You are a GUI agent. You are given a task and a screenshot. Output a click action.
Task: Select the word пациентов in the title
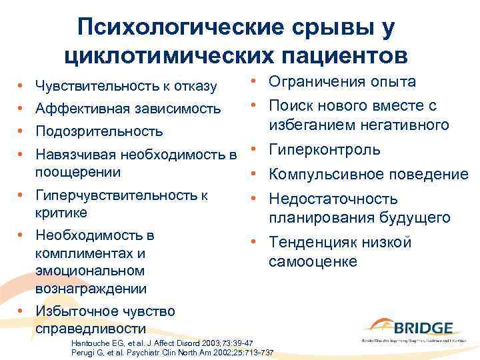[x=337, y=56]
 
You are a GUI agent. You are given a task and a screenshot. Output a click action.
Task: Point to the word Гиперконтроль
[x=324, y=150]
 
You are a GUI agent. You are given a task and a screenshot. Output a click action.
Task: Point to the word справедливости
[x=89, y=329]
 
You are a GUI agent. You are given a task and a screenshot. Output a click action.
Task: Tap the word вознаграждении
[x=91, y=289]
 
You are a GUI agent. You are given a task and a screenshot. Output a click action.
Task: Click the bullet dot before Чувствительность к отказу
[x=21, y=86]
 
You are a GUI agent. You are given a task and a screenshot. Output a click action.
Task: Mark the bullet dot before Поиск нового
[x=255, y=106]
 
